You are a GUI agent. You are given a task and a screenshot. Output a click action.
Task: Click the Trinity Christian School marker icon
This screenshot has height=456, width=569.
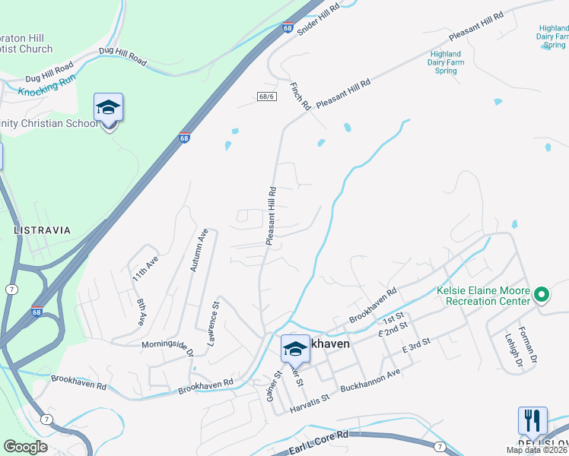108,108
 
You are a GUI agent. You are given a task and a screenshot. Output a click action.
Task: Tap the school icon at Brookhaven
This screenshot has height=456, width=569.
295,349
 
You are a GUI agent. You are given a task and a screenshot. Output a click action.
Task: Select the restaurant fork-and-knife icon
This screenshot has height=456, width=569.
532,421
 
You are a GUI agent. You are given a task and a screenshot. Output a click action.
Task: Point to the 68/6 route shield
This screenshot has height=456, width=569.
265,97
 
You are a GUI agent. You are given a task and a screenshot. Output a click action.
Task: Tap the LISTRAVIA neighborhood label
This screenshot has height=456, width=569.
42,230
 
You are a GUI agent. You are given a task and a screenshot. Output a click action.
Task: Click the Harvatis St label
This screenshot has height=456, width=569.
309,404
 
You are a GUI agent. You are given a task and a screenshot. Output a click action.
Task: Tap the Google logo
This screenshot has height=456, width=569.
25,447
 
